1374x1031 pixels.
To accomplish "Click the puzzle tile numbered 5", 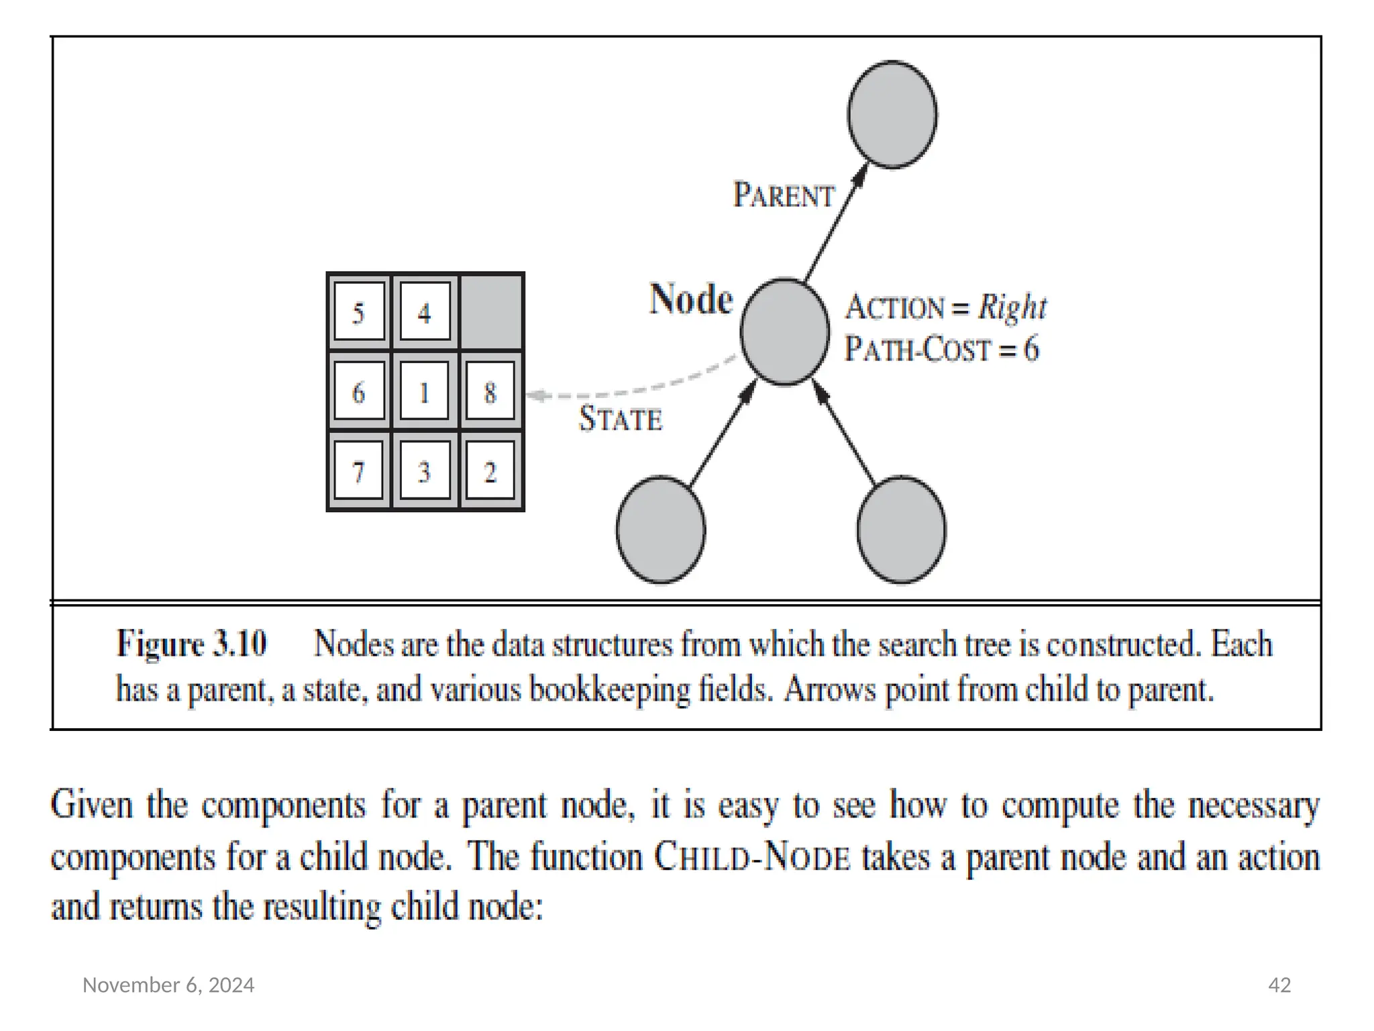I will click(x=359, y=312).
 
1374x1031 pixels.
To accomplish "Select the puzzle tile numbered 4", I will click(x=425, y=312).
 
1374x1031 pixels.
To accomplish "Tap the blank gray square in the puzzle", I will click(x=491, y=312).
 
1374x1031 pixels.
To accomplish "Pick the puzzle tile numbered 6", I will click(x=359, y=391).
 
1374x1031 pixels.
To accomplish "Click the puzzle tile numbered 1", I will click(x=425, y=391).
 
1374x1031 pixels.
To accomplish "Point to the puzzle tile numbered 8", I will click(x=490, y=391).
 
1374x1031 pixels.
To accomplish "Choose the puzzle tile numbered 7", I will click(x=359, y=471).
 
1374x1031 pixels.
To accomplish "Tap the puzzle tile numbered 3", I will click(x=425, y=471).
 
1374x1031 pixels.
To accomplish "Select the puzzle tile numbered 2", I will click(x=490, y=471).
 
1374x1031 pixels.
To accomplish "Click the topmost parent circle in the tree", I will click(x=892, y=114).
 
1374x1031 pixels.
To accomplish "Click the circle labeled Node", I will click(x=785, y=332).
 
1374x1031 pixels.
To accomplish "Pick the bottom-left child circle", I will click(x=661, y=530).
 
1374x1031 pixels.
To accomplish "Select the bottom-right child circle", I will click(x=901, y=530).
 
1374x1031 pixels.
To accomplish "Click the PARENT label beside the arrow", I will click(x=784, y=195).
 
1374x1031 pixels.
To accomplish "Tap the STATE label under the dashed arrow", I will click(x=621, y=420).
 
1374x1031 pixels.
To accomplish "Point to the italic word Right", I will click(x=1012, y=308).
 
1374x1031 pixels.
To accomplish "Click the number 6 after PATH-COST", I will click(x=1031, y=349).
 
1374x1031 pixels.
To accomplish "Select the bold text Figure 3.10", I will click(x=192, y=644).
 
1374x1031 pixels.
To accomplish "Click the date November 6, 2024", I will click(x=168, y=985).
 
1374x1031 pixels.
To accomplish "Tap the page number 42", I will click(x=1279, y=985).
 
